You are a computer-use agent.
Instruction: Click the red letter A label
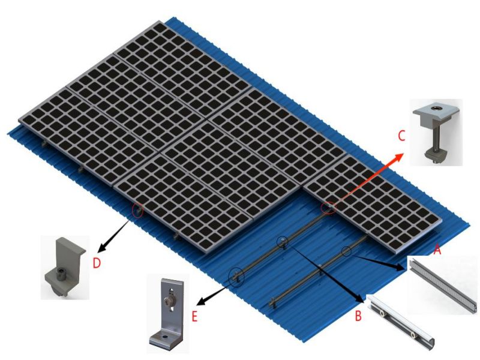click(437, 250)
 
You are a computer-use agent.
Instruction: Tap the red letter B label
click(358, 316)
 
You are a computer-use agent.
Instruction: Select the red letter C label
click(401, 136)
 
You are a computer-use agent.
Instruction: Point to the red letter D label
click(97, 263)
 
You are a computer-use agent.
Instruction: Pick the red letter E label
click(194, 316)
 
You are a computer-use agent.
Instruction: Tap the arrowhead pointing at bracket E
click(202, 301)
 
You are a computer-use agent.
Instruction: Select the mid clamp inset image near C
click(436, 132)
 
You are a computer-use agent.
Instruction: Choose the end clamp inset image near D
click(65, 267)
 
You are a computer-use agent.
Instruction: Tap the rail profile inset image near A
click(443, 284)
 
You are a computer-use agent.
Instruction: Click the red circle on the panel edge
click(328, 208)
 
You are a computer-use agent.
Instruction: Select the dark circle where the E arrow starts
click(237, 276)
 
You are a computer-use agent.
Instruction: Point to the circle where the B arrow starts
click(282, 242)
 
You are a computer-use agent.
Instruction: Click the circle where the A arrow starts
click(346, 251)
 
